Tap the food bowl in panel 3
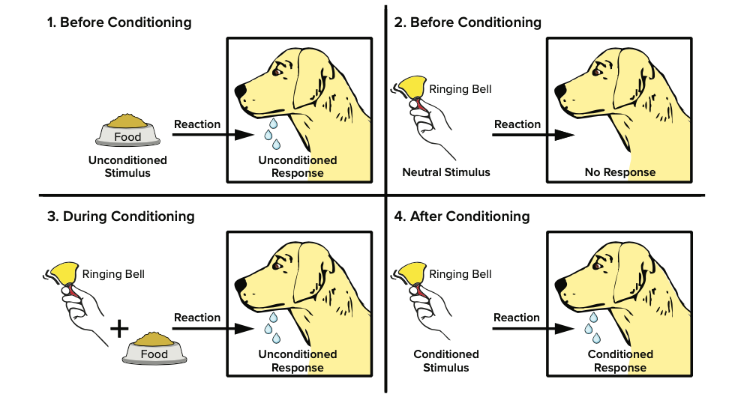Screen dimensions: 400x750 click(154, 348)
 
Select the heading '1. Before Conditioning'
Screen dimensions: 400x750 click(119, 22)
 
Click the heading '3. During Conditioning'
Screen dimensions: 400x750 click(121, 216)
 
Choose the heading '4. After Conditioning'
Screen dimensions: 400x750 click(462, 216)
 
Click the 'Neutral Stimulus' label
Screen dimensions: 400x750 click(446, 172)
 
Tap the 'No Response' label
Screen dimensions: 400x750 click(619, 172)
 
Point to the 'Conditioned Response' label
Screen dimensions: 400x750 click(619, 360)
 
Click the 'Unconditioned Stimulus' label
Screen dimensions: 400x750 click(127, 166)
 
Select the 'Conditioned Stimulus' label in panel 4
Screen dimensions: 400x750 click(446, 360)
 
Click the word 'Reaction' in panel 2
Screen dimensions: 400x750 click(517, 124)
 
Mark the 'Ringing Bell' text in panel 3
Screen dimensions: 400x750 click(113, 274)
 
